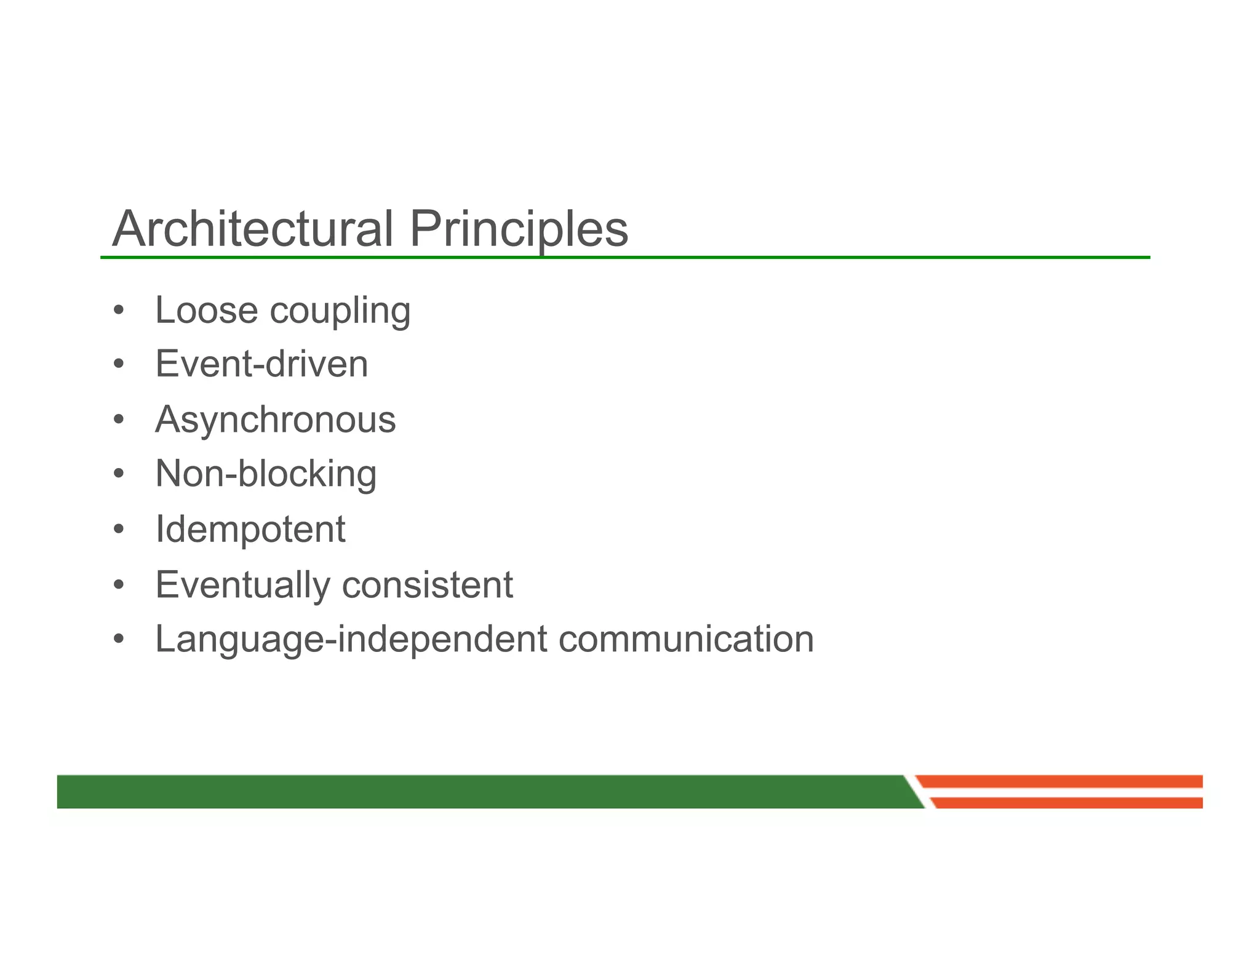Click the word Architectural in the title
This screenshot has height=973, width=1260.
click(x=252, y=229)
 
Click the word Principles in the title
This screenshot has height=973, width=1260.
click(x=519, y=229)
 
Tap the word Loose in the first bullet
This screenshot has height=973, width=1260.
click(x=206, y=310)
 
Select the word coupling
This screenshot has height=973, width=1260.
click(x=340, y=311)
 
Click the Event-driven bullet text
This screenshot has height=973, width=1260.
click(x=261, y=364)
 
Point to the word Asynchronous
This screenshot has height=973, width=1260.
click(x=275, y=420)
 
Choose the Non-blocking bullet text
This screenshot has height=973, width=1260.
click(x=266, y=474)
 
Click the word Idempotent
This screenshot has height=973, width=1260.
click(x=250, y=530)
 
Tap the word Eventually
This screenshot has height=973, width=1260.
click(x=243, y=585)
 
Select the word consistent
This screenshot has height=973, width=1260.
click(x=427, y=585)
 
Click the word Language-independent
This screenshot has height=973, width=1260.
click(x=351, y=640)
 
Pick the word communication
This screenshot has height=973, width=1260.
click(x=686, y=639)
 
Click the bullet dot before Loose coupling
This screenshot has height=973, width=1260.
click(x=119, y=311)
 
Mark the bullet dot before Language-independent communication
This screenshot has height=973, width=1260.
click(x=119, y=639)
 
